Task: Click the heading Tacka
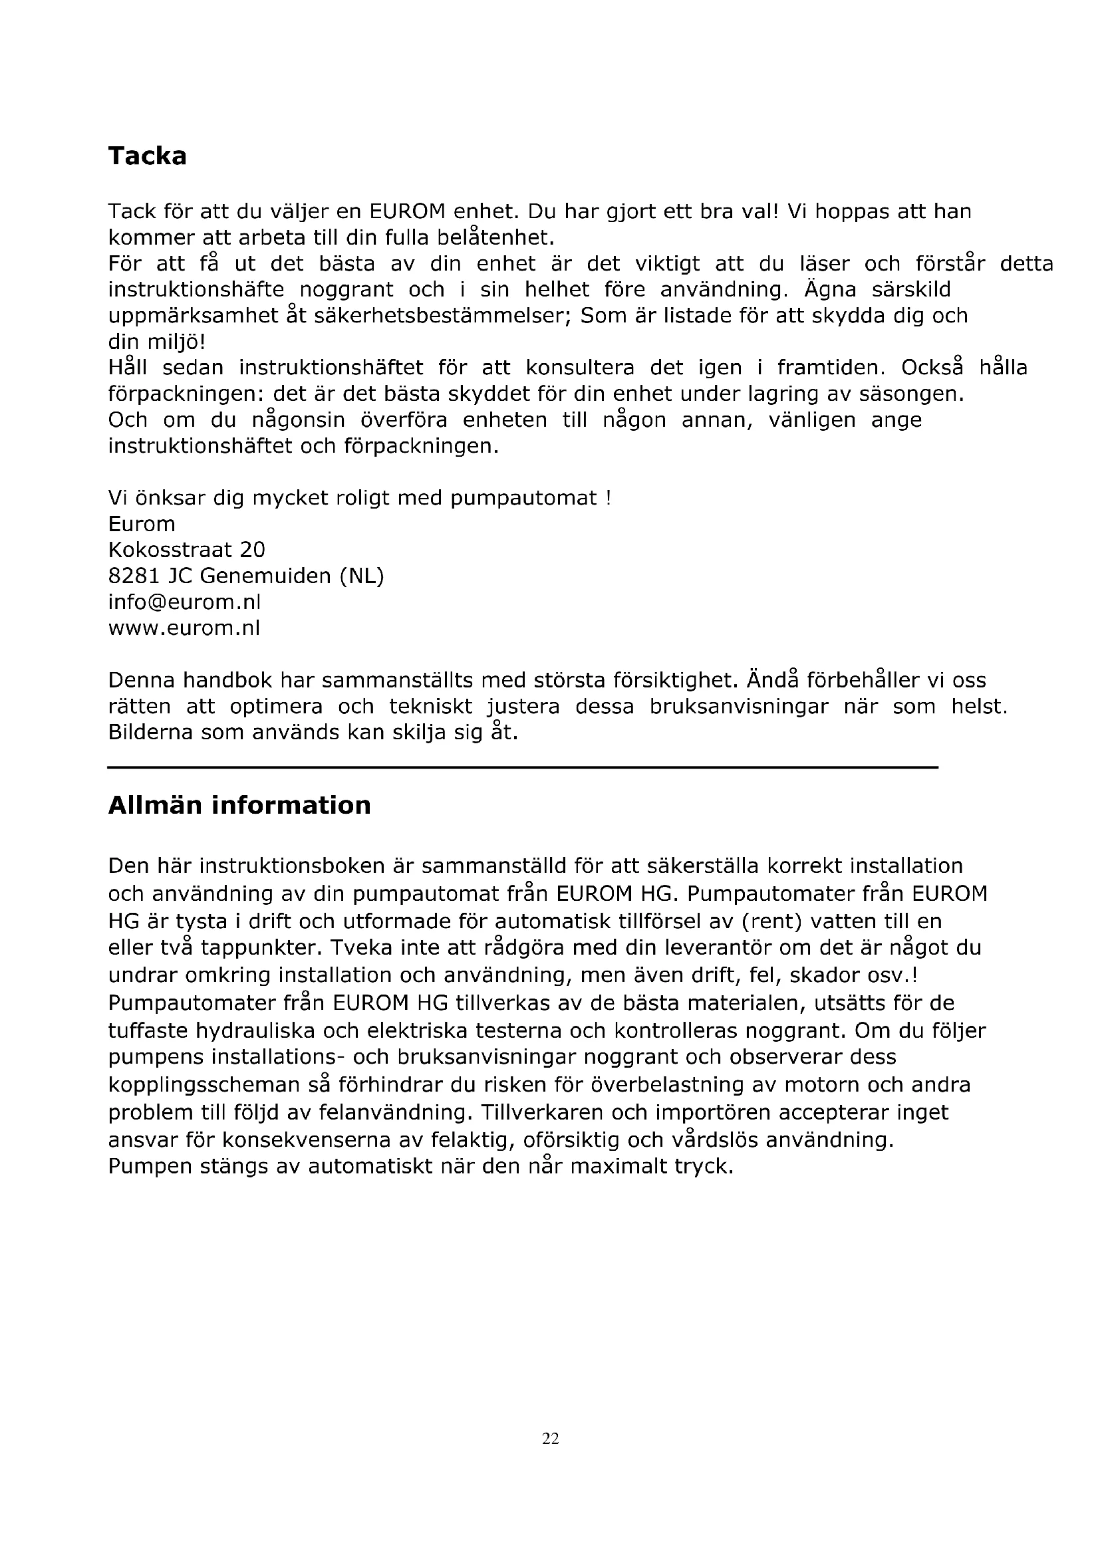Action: click(x=147, y=156)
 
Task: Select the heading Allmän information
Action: click(x=239, y=805)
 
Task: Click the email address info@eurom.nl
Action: click(x=184, y=602)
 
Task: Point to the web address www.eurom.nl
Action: click(x=184, y=628)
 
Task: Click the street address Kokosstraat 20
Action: click(x=187, y=549)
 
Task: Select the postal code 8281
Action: click(x=134, y=576)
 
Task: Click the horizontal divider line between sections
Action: click(x=522, y=767)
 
